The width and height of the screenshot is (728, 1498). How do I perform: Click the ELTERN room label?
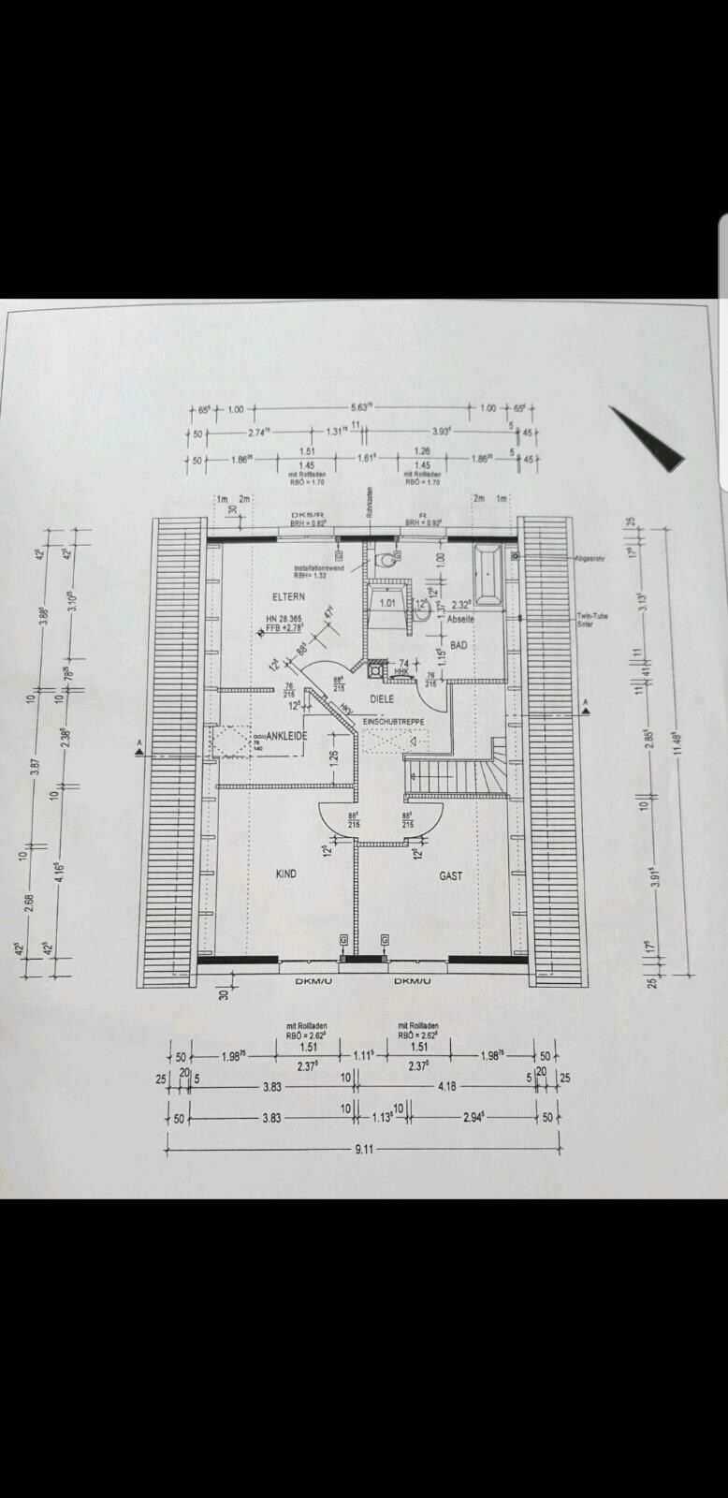(288, 596)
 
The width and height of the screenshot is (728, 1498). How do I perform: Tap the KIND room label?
(285, 874)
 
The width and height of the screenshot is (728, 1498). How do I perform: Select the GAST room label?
(451, 876)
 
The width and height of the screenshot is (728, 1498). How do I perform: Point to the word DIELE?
(382, 698)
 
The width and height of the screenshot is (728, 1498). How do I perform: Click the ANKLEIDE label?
(287, 737)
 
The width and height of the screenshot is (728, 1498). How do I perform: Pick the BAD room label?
(459, 645)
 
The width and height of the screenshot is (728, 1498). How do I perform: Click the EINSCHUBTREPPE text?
(393, 721)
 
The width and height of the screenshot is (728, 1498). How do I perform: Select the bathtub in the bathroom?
(489, 572)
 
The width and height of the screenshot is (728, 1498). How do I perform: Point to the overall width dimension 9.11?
(364, 1148)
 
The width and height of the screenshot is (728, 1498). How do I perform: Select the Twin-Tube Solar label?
(592, 620)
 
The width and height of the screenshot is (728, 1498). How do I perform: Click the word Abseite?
(460, 619)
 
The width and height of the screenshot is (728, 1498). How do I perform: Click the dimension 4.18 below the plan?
(448, 1087)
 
